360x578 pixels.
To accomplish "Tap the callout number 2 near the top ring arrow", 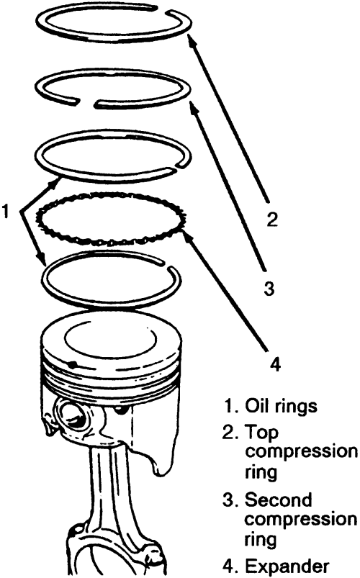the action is (272, 220).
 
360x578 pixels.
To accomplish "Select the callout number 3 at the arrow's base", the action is (269, 288).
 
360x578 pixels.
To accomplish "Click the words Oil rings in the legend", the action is (281, 405).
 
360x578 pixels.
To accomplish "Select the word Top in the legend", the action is (261, 432).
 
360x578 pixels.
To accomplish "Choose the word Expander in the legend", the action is (287, 566).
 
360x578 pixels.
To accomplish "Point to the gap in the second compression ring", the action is (86, 102).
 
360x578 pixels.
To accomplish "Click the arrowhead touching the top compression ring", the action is (191, 40).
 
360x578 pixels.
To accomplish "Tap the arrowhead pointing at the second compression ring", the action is (193, 107).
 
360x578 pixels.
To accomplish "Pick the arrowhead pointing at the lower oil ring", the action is (42, 258).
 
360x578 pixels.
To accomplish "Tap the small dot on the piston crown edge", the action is (73, 364).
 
